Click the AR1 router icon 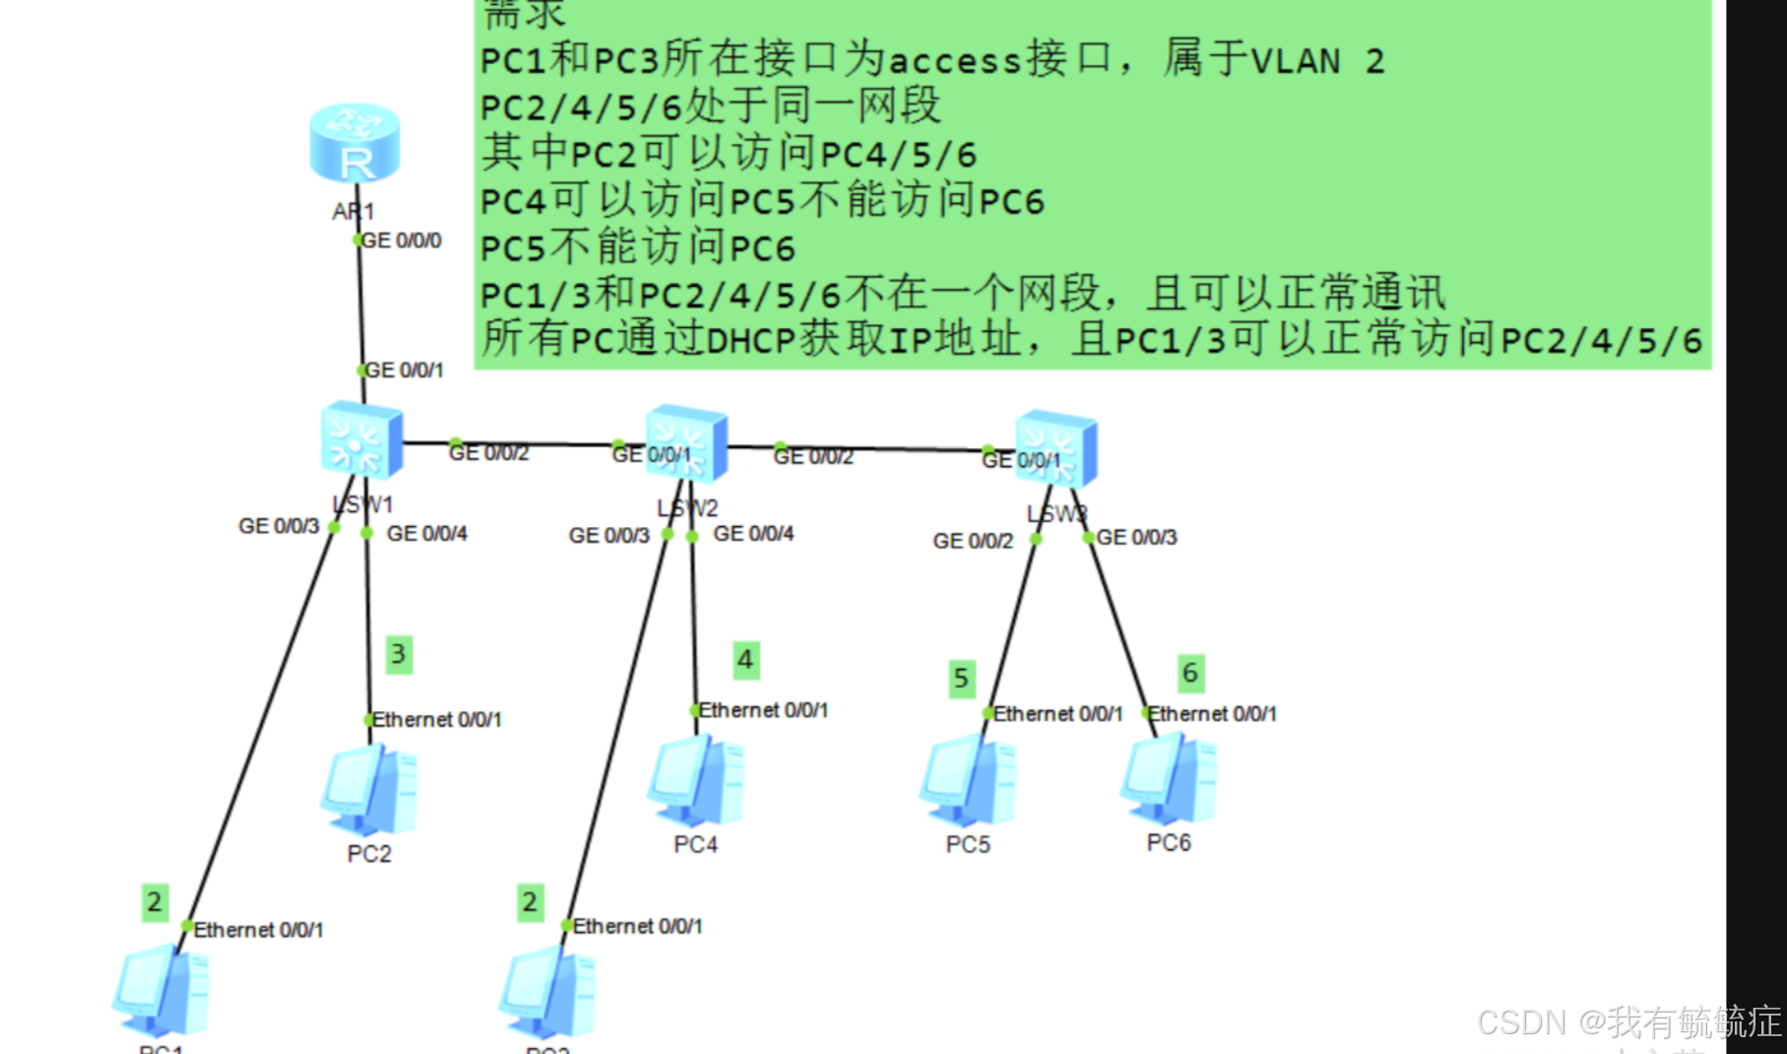[354, 144]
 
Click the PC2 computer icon [369, 789]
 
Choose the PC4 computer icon [695, 782]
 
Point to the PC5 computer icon [968, 780]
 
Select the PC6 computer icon [1169, 779]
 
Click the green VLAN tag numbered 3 [398, 654]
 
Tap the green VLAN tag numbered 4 [745, 660]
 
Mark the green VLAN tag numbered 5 [961, 678]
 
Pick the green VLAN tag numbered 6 [1190, 673]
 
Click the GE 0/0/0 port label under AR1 [402, 240]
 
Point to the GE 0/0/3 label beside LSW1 [279, 526]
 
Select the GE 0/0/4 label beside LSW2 [753, 534]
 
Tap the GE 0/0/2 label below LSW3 [973, 541]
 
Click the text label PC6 [1169, 843]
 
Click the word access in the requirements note [954, 61]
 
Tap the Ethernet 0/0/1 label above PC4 [763, 710]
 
